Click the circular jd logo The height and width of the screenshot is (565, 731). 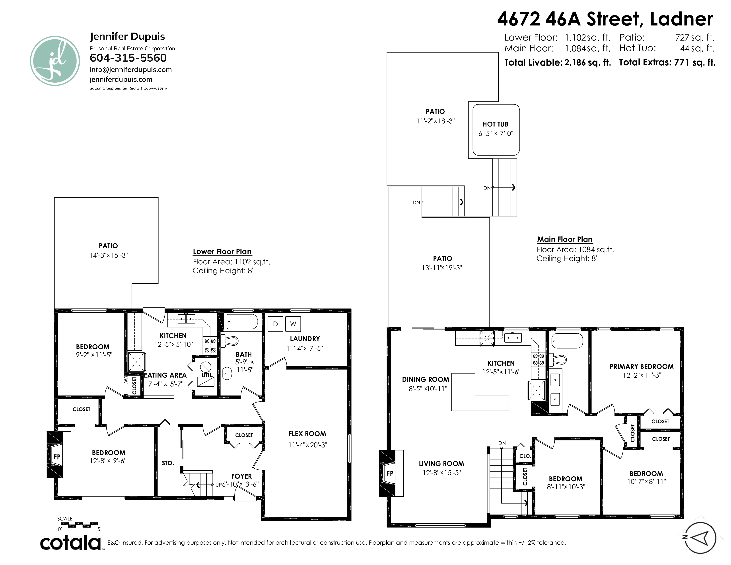(x=55, y=61)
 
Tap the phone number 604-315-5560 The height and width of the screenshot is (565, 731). (x=128, y=58)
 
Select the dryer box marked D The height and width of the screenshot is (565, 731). (x=276, y=324)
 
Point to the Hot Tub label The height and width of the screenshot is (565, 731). (x=495, y=124)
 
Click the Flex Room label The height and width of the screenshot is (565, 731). (x=307, y=434)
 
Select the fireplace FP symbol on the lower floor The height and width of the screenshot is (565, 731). (x=57, y=457)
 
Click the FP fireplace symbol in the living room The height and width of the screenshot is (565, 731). (x=390, y=473)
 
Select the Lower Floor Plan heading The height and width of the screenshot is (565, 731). (x=222, y=252)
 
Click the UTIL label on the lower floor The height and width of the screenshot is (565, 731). (x=207, y=375)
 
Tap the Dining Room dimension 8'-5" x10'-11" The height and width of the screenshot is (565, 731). (x=428, y=389)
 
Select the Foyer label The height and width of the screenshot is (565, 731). (x=241, y=476)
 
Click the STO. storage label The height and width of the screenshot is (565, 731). (x=168, y=463)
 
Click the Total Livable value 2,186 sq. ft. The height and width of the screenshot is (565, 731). (x=587, y=62)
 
